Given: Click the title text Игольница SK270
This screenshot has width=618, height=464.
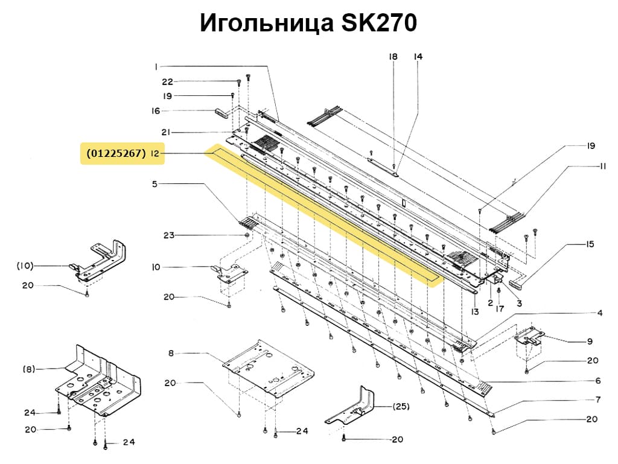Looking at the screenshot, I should (308, 24).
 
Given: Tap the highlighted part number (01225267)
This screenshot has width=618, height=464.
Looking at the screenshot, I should (116, 154).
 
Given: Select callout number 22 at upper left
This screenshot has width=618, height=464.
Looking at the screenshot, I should (167, 81).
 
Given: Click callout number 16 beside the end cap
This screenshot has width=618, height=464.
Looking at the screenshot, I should (156, 111).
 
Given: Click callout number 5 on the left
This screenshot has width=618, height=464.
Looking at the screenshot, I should (154, 184).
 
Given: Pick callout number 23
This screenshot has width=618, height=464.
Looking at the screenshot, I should (168, 235).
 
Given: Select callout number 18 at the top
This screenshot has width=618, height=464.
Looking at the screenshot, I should (393, 57).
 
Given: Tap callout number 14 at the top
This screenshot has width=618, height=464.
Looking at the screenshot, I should (418, 57).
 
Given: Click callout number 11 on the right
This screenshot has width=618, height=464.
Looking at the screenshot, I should (602, 167).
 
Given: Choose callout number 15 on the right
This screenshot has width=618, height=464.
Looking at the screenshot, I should (590, 244).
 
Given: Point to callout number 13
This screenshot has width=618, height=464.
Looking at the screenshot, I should (475, 312).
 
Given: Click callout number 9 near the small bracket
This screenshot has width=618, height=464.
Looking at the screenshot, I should (590, 342).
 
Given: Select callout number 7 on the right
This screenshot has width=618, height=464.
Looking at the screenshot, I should (597, 399).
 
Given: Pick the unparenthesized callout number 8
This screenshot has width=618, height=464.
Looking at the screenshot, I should (171, 353).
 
